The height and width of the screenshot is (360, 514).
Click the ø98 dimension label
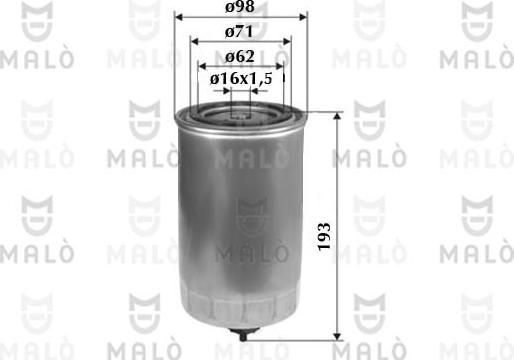click(x=240, y=9)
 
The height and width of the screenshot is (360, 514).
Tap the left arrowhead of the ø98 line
click(x=178, y=18)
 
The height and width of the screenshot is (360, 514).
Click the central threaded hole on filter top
click(x=240, y=113)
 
